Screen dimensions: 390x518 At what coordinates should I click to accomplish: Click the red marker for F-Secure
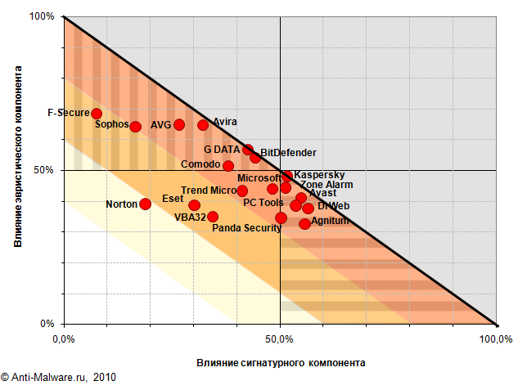(97, 114)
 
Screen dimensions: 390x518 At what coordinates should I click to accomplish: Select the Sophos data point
(136, 127)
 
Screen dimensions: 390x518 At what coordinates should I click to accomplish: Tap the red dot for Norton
(145, 204)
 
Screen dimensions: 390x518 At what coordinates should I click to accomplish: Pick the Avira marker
(203, 125)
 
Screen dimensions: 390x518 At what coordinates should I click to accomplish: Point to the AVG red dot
(179, 125)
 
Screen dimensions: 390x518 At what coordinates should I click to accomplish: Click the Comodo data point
(228, 166)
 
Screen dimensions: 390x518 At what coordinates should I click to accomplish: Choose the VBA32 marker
(213, 217)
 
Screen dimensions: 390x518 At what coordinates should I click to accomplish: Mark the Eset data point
(194, 205)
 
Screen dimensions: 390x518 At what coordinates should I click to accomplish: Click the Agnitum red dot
(305, 223)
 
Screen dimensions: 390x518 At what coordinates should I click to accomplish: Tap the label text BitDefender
(288, 153)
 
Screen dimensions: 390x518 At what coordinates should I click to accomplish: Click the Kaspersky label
(319, 175)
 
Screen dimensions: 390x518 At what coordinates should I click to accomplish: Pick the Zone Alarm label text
(327, 185)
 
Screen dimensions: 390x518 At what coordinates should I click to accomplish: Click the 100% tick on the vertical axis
(42, 16)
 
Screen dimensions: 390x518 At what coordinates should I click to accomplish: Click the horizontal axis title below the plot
(281, 362)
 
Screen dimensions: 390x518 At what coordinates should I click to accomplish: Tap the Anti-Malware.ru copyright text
(59, 378)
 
